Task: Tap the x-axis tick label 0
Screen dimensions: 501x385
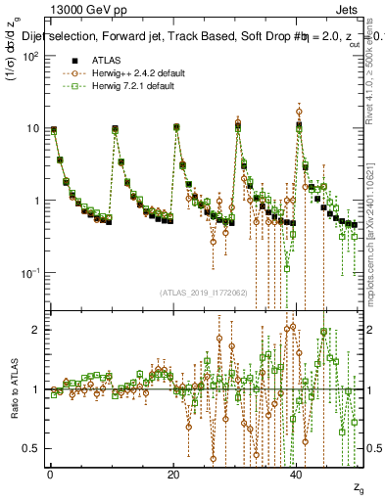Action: point(50,474)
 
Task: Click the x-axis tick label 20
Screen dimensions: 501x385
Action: point(173,474)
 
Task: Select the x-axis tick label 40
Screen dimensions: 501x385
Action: point(297,474)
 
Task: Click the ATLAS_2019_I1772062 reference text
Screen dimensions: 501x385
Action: point(202,293)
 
